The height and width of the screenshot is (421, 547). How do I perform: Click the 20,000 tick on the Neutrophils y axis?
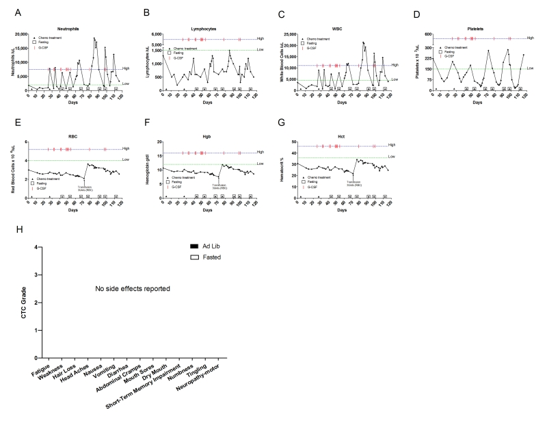16,34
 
